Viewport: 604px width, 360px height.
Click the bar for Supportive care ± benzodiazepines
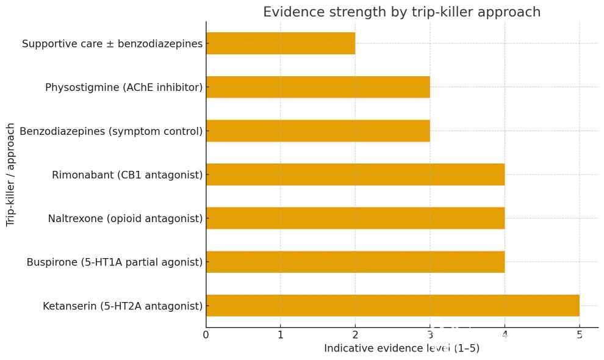(281, 44)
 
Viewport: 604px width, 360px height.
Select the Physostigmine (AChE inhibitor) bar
(318, 87)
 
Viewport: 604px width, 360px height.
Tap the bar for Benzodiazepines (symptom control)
(318, 131)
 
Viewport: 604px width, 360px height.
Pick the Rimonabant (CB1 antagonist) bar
(355, 175)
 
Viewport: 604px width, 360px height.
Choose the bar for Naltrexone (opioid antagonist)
(355, 218)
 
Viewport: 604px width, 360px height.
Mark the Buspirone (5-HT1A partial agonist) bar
(355, 262)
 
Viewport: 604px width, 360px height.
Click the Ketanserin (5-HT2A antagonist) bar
(392, 306)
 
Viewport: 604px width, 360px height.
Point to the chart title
(401, 12)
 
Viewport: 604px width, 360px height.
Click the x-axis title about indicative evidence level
(401, 349)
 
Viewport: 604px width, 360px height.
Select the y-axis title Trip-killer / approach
(10, 175)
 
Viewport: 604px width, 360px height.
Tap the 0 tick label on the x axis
(206, 334)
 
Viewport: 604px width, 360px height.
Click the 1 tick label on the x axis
(281, 334)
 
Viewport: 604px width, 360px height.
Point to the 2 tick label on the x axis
(355, 334)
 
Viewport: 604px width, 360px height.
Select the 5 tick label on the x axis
(579, 334)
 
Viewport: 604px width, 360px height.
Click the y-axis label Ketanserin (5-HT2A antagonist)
(123, 306)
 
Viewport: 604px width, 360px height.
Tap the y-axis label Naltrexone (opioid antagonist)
(125, 218)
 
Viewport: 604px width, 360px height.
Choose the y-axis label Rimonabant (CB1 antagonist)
(128, 175)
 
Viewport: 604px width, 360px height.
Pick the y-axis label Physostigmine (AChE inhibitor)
(124, 87)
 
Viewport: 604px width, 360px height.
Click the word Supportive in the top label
(48, 44)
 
